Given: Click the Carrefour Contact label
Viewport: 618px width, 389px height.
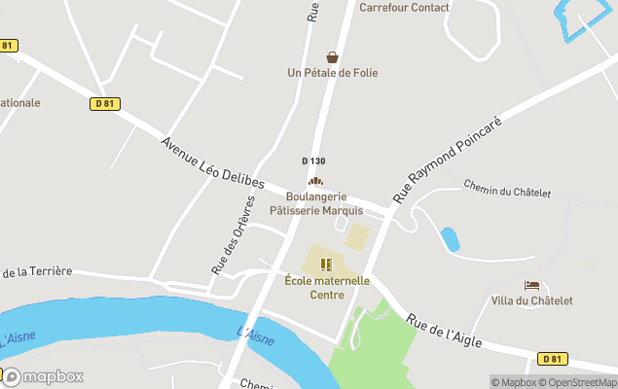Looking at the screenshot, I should click(404, 8).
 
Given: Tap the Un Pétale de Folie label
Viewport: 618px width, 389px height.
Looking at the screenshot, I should click(332, 73).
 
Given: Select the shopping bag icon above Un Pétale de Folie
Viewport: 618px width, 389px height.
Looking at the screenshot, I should click(333, 57).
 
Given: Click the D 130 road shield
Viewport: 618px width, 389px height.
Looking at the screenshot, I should click(313, 161).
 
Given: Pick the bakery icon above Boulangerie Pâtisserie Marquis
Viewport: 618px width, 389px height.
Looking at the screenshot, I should click(314, 181).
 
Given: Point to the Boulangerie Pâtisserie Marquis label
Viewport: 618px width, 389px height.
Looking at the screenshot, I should click(316, 203).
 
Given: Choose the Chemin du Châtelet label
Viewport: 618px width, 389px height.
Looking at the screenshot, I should click(506, 188).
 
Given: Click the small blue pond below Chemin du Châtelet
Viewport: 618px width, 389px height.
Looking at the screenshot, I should click(450, 239).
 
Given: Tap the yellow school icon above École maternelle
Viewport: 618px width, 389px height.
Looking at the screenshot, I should click(326, 265).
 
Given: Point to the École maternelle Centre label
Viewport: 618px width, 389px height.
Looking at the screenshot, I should click(327, 288).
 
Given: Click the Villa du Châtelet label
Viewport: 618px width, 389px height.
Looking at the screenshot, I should click(531, 301).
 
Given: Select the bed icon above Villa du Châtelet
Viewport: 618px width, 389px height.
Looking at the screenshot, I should click(531, 285).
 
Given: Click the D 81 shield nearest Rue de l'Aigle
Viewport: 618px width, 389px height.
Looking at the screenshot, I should click(552, 359).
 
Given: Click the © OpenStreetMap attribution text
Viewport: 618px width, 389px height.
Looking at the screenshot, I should click(580, 382).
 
